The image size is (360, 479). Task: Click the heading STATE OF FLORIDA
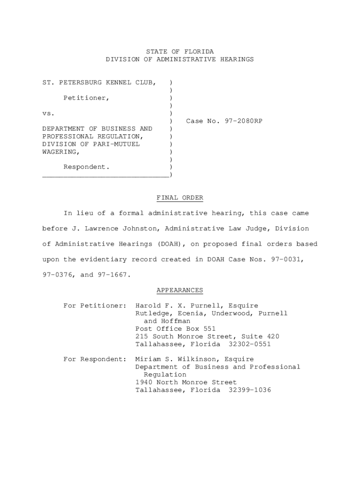180,51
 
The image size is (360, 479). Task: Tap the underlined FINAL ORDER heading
180,198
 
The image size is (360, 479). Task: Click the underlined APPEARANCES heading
180,290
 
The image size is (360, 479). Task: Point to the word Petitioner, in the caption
86,98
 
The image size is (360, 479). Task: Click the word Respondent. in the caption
86,167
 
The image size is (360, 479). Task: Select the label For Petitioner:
95,306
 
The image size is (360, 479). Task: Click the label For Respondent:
95,359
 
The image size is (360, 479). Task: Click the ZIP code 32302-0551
250,344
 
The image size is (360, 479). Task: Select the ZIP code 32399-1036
250,390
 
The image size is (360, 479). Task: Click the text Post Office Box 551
175,329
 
